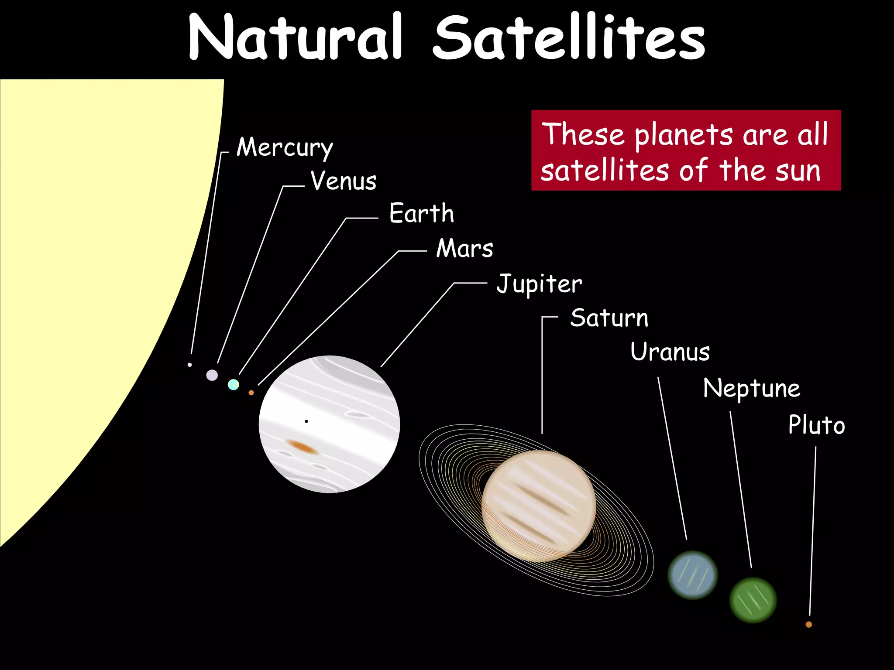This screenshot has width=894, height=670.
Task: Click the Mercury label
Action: coord(285,147)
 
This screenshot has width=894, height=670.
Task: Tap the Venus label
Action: coord(344,181)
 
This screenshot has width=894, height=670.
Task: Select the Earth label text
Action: coord(421,213)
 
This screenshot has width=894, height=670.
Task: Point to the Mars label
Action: coord(464,248)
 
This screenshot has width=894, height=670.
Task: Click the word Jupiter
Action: coord(539,284)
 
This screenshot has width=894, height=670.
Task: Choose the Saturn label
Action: coord(609,318)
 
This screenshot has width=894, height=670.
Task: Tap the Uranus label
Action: coord(670,352)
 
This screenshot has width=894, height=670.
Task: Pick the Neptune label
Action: coord(752,388)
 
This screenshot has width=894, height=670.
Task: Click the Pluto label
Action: coord(816,425)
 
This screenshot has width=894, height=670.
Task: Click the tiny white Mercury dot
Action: coord(189,365)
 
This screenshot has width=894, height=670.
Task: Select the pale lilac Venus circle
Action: coord(212,375)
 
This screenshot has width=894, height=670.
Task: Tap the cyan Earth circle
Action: coord(234,384)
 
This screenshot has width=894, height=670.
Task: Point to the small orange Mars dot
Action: coord(251,393)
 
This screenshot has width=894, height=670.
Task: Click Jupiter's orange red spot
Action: coord(301,446)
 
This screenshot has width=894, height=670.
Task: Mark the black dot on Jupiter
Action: coord(306,421)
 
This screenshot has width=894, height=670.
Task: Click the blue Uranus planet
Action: coord(692,575)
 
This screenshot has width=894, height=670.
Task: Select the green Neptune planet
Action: coord(753,600)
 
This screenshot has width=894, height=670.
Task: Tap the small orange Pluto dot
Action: coord(808,625)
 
